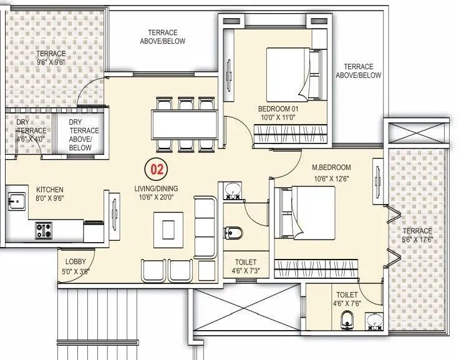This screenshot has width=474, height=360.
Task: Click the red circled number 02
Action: (157, 169)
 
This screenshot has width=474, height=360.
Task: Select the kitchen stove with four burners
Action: (44, 229)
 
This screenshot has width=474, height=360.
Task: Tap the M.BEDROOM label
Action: (331, 167)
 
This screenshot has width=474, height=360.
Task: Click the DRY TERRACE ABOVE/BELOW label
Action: (80, 135)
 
